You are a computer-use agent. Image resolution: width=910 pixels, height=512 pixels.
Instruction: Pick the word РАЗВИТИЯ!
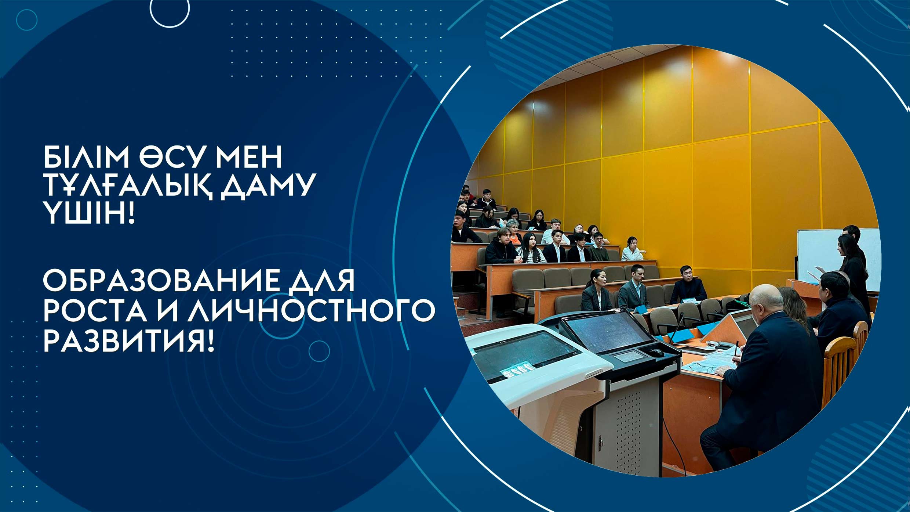[x=128, y=340]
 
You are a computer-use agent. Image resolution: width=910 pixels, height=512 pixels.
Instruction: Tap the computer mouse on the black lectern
[x=655, y=352]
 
